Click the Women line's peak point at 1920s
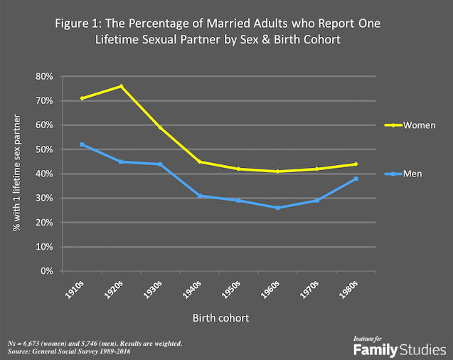121,86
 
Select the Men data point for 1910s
82,144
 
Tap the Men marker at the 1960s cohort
277,208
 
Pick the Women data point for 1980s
356,164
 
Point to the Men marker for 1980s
356,179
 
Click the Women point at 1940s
199,162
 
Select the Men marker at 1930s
160,164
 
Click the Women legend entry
414,125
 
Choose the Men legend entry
410,174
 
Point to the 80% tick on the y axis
44,76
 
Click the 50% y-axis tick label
44,149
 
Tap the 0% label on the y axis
47,271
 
